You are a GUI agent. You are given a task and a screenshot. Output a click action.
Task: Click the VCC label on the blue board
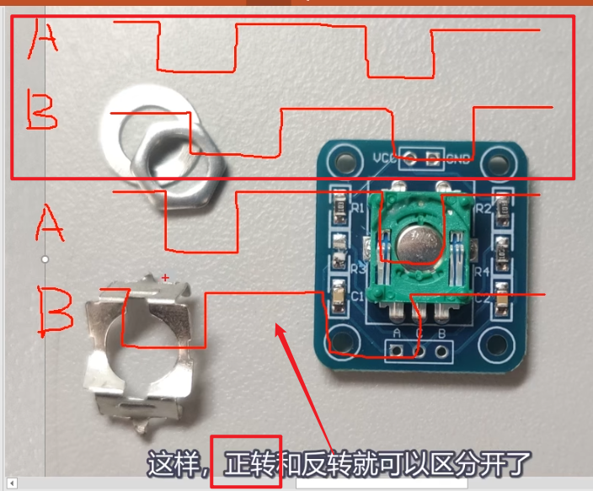(x=383, y=157)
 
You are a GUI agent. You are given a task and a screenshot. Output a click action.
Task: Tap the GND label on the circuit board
(x=458, y=157)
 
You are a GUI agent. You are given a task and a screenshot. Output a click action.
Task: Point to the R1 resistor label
(x=357, y=207)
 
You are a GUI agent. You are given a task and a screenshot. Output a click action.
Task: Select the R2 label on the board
(x=483, y=208)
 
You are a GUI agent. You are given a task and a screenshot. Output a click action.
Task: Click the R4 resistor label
(x=483, y=272)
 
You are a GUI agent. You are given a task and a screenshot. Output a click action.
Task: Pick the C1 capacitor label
(x=357, y=296)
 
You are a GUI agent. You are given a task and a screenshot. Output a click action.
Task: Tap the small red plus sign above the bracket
(x=165, y=277)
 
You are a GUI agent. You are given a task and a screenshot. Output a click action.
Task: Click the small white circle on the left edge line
(x=45, y=259)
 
